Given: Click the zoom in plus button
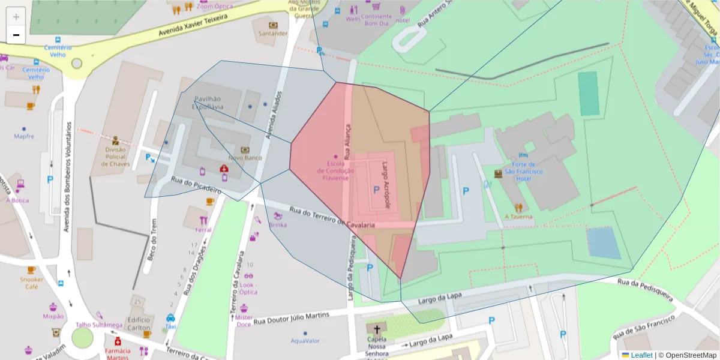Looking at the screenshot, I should click(x=16, y=17).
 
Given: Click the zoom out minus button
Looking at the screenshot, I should click(x=16, y=35).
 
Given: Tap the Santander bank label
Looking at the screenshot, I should click(x=273, y=34).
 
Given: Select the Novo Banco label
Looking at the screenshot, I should click(x=245, y=158).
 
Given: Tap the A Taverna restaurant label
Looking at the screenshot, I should click(x=518, y=217).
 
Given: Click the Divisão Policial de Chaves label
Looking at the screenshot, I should click(x=115, y=157).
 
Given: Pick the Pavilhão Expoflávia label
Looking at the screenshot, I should click(x=208, y=103).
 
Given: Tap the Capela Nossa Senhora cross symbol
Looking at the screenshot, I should click(x=377, y=329).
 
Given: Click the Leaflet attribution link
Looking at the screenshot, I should click(x=641, y=355).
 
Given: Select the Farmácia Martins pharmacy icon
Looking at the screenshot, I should click(x=118, y=341).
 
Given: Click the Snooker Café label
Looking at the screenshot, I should click(x=31, y=283).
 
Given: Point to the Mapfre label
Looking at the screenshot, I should click(x=24, y=136).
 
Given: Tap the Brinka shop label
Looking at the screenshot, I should click(x=278, y=225).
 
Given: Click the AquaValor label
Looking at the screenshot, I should click(x=305, y=341).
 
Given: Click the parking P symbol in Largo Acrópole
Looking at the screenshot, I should click(x=376, y=190).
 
